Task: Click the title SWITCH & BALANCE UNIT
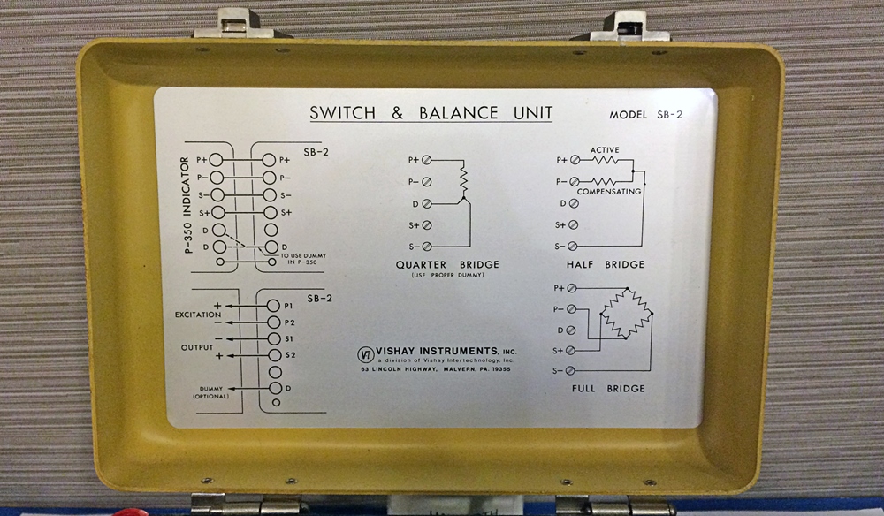tap(431, 113)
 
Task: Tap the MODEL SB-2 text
tap(646, 115)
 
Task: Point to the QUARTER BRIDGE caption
tap(448, 264)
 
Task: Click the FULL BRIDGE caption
tap(607, 389)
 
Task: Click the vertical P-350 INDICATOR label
tap(187, 205)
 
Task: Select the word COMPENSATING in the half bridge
tap(609, 191)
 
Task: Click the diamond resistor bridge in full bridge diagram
tap(626, 313)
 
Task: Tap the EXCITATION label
tap(195, 314)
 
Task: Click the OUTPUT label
tap(197, 346)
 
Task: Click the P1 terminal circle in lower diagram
tap(274, 306)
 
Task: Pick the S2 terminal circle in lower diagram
tap(274, 355)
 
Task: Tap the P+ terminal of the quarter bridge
tap(427, 160)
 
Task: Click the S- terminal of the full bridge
tap(570, 369)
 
